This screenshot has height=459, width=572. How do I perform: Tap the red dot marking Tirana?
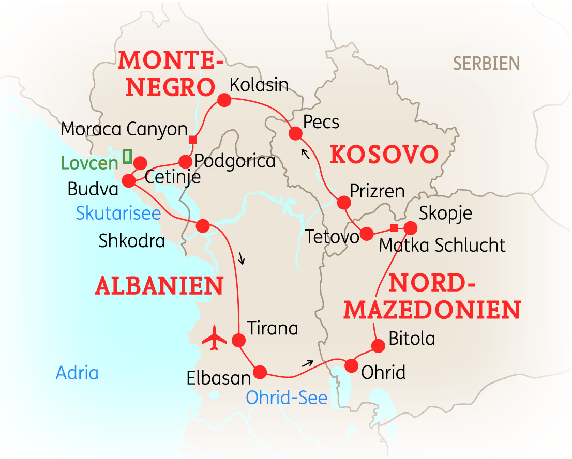[238, 340]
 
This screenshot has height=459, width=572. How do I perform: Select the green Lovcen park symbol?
[127, 156]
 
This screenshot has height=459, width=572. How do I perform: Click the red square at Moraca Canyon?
[192, 140]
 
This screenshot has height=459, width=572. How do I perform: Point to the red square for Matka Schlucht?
[394, 228]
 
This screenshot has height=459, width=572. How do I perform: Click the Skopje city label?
[446, 213]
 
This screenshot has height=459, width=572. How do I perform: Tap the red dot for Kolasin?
[224, 100]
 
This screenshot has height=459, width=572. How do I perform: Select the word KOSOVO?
[384, 155]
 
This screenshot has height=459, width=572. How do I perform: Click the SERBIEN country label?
[486, 64]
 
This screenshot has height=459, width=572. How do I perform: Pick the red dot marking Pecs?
[295, 134]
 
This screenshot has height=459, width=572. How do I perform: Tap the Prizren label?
[377, 191]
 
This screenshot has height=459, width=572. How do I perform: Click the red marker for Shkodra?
[202, 226]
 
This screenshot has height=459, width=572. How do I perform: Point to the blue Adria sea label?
[77, 373]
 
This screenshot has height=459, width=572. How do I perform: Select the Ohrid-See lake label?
[287, 397]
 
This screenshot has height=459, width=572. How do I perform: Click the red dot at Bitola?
[378, 346]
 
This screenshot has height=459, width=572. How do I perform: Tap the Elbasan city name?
[219, 378]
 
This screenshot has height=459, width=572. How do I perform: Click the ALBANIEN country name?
[159, 285]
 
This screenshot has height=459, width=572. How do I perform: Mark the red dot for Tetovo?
[366, 234]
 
